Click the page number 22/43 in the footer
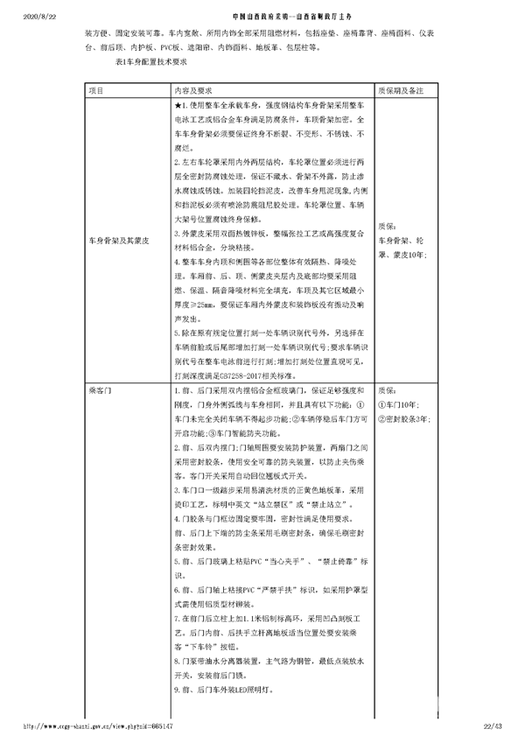495,725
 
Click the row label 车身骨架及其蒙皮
119,238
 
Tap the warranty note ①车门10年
399,404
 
